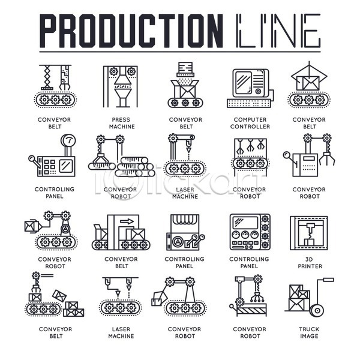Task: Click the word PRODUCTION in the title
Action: click(x=131, y=31)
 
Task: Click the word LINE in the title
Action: click(x=278, y=31)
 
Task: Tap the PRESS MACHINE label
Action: click(x=122, y=123)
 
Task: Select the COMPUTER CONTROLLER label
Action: click(x=250, y=123)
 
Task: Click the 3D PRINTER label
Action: click(x=310, y=263)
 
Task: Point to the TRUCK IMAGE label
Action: click(x=309, y=332)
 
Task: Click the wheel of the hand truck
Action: click(x=317, y=311)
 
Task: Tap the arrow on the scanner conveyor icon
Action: click(x=127, y=221)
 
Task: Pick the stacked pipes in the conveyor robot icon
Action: click(x=134, y=166)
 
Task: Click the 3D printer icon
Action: click(x=309, y=233)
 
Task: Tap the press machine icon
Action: click(x=121, y=86)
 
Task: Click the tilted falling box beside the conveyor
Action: click(x=59, y=295)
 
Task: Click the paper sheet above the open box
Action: click(x=185, y=67)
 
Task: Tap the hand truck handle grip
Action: click(x=329, y=280)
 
